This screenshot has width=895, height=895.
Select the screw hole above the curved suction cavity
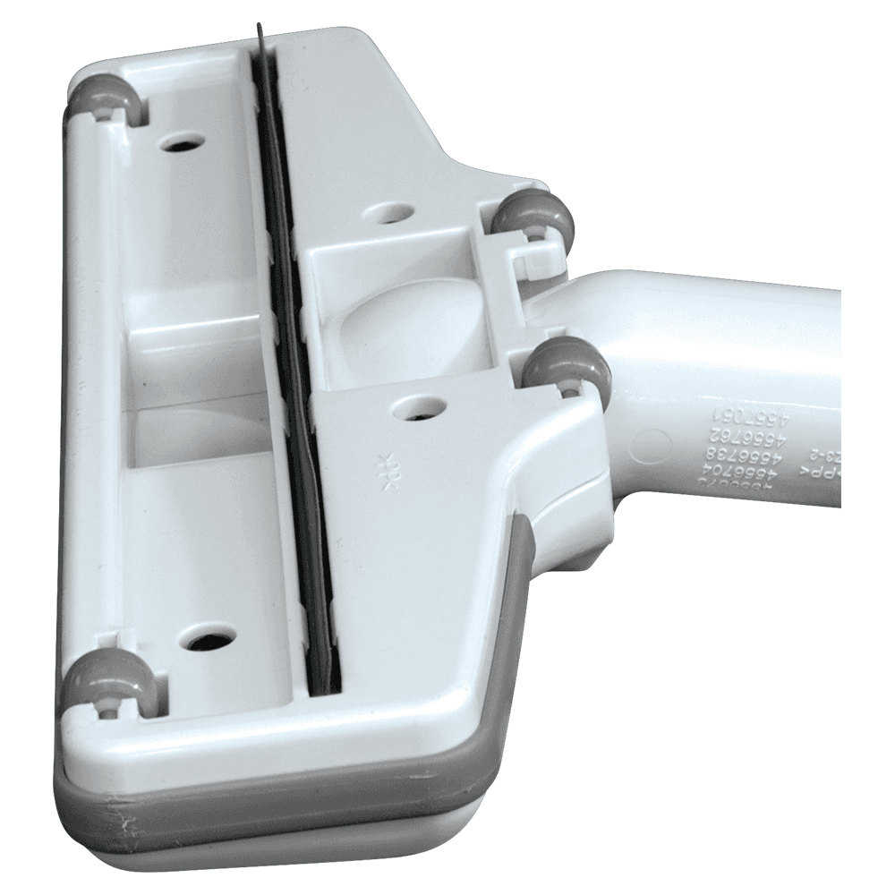(x=388, y=213)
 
